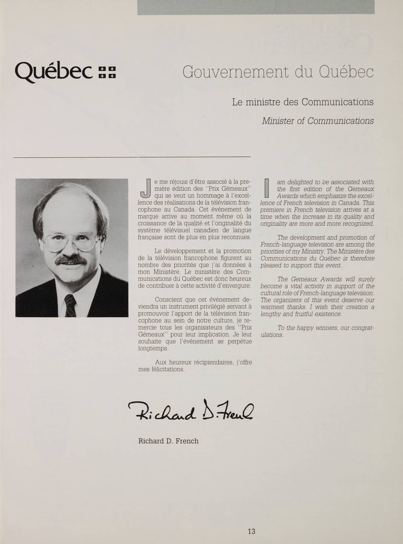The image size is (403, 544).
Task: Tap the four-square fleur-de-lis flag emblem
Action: click(x=107, y=72)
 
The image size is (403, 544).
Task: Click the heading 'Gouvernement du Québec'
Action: click(x=278, y=72)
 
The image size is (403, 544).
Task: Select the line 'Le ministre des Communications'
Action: click(x=303, y=102)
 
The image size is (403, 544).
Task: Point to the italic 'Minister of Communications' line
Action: click(x=318, y=121)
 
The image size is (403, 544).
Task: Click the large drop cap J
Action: click(x=145, y=188)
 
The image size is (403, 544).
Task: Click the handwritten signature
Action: click(x=191, y=410)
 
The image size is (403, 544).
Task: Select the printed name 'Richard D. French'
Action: click(x=168, y=441)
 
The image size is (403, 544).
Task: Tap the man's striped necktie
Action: click(x=71, y=304)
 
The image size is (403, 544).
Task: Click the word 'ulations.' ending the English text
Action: click(x=272, y=335)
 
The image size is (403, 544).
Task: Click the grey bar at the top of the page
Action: click(x=256, y=7)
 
